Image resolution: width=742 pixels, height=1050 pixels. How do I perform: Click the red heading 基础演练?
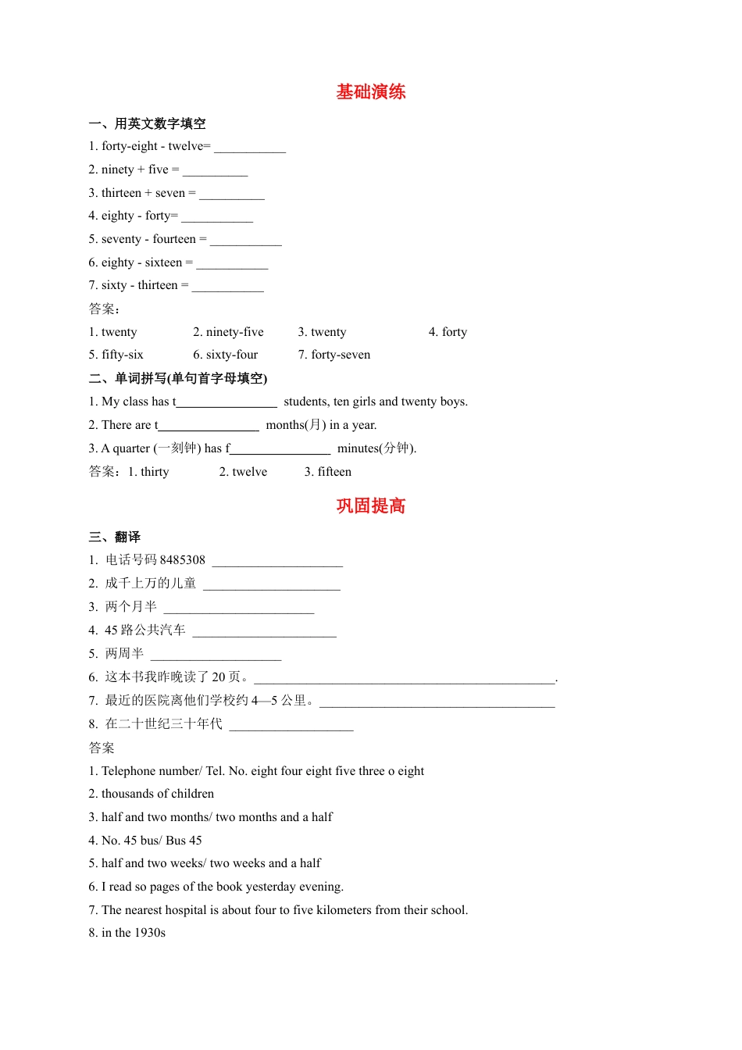pos(371,92)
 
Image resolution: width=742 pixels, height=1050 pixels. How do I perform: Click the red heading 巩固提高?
pos(371,506)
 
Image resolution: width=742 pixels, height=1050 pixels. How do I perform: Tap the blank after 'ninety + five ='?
pos(215,171)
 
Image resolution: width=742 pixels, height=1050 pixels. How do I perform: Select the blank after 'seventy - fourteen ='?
pos(245,241)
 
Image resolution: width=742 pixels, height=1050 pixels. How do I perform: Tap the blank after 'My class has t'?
pos(227,403)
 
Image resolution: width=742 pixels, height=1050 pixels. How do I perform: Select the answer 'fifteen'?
pos(334,472)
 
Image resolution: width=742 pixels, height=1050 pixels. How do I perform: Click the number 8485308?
pos(182,560)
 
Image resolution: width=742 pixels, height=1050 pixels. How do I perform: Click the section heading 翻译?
pos(127,537)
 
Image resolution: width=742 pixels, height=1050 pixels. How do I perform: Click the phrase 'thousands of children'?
pos(157,794)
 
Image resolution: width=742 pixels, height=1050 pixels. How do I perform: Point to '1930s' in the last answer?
pos(149,933)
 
